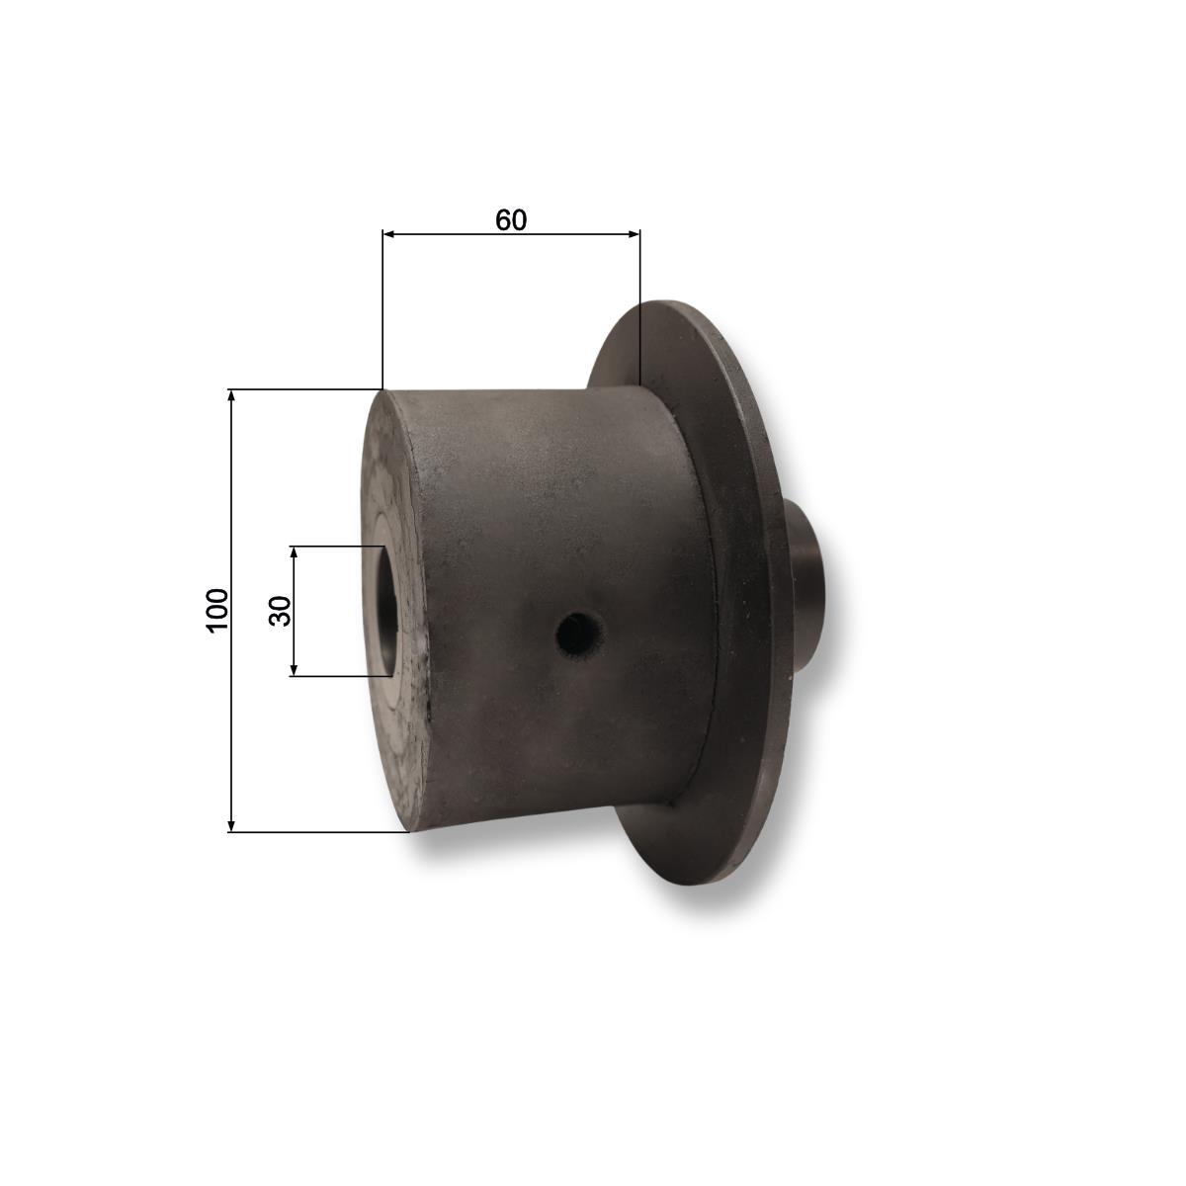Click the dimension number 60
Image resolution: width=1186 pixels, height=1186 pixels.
(x=511, y=219)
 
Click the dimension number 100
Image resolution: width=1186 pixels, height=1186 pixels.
(x=216, y=610)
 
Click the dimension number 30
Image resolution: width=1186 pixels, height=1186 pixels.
(x=280, y=611)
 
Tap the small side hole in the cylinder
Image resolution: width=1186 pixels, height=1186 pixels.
(x=580, y=638)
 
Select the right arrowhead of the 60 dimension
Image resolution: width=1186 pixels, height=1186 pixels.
(x=634, y=234)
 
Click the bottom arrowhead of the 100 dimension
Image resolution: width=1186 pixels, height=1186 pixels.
(x=231, y=825)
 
